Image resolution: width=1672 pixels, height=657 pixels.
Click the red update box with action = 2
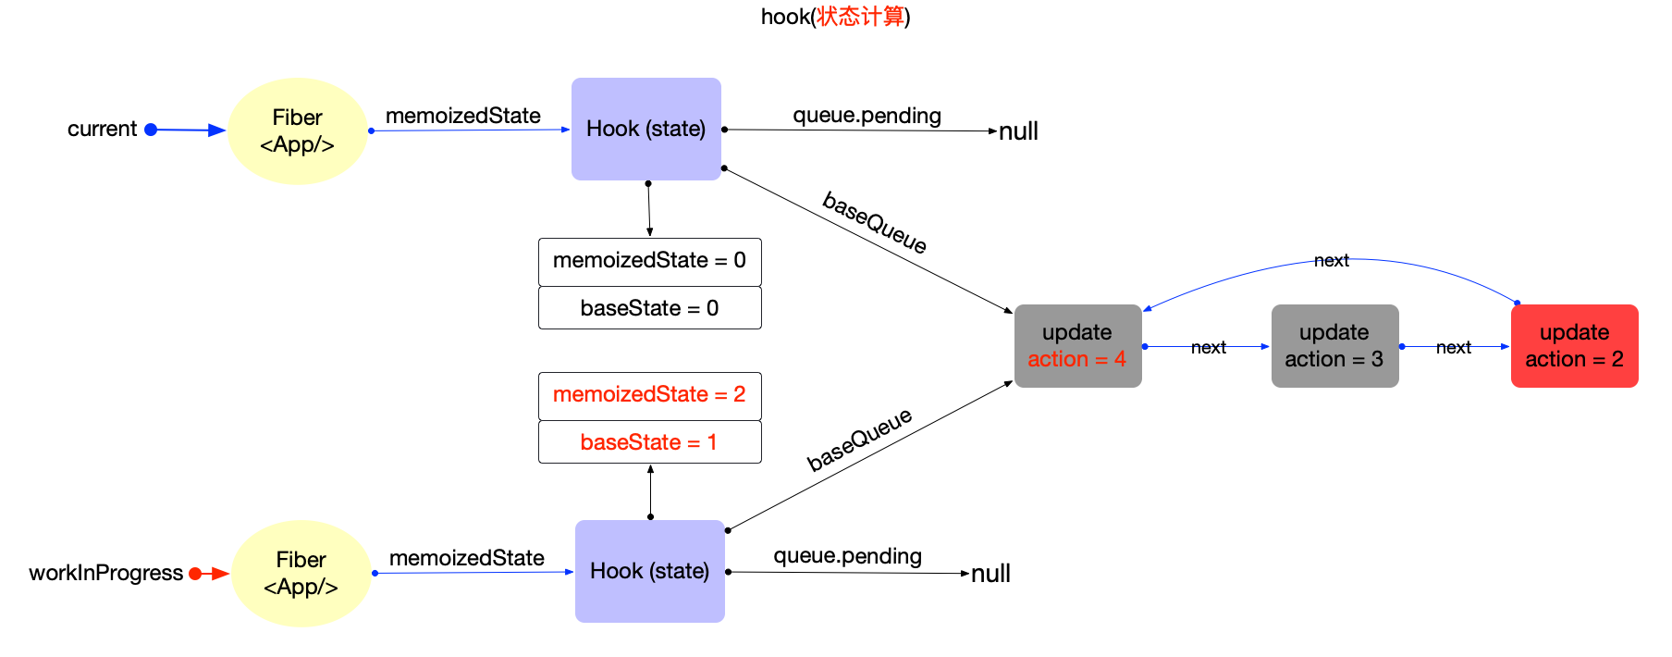[1574, 346]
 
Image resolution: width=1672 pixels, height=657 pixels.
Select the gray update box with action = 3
[1334, 346]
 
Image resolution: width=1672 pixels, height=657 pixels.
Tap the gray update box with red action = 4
[1077, 346]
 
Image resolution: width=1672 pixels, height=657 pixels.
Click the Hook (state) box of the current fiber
[645, 129]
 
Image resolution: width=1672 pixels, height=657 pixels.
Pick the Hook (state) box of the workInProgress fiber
[649, 571]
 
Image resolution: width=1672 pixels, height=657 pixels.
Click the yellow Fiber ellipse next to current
[297, 131]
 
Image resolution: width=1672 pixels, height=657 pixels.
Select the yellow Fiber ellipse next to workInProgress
[301, 574]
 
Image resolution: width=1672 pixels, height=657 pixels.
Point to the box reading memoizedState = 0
[649, 261]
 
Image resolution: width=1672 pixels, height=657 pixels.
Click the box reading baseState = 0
[649, 308]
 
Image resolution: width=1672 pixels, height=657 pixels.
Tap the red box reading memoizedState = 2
[649, 395]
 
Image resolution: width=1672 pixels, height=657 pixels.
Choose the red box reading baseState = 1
[649, 442]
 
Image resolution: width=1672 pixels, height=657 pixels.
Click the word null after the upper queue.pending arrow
[1018, 131]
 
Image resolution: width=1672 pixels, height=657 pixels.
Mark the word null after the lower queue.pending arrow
[990, 574]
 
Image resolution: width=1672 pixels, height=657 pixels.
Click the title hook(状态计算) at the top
[835, 17]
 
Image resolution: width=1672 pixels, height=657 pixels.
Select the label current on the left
[102, 130]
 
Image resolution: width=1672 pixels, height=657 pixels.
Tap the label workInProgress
[105, 573]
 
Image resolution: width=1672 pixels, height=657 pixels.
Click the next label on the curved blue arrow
[1332, 261]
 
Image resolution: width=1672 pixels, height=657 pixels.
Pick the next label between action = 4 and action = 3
[1208, 348]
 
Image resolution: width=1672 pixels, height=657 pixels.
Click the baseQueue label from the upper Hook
[875, 222]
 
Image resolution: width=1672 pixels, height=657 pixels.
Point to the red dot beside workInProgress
[195, 574]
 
